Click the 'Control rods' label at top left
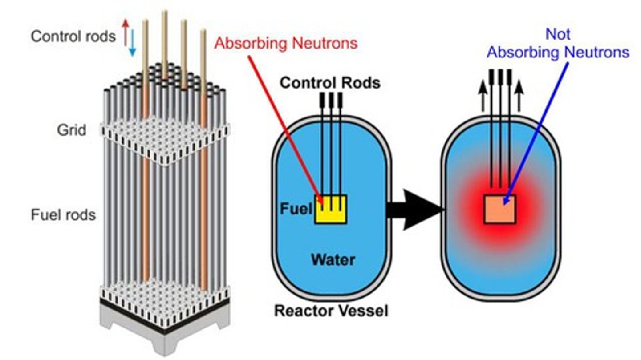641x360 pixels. [x=73, y=36]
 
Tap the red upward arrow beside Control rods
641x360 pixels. [x=126, y=31]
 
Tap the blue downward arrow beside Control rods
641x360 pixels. [x=132, y=44]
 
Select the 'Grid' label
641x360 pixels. [x=71, y=130]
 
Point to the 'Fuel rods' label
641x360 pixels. [x=63, y=215]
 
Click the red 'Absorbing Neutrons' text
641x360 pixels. [x=286, y=43]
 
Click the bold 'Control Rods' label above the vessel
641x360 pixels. [x=330, y=83]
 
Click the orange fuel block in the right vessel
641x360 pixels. [x=500, y=209]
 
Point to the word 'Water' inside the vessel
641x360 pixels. [x=333, y=259]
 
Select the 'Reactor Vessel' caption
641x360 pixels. [x=331, y=311]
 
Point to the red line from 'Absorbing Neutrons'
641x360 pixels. [x=285, y=125]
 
